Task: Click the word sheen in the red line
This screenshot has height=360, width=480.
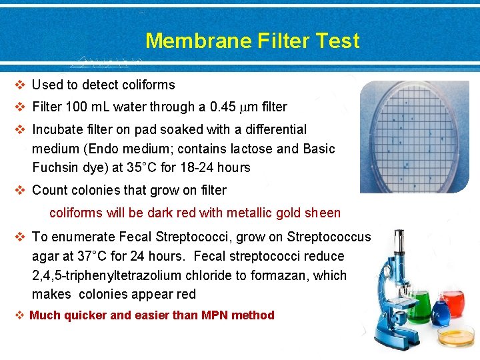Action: click(x=323, y=213)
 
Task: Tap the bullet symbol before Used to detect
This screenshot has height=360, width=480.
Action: click(x=21, y=85)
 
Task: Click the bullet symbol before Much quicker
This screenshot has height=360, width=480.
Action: click(x=21, y=315)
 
